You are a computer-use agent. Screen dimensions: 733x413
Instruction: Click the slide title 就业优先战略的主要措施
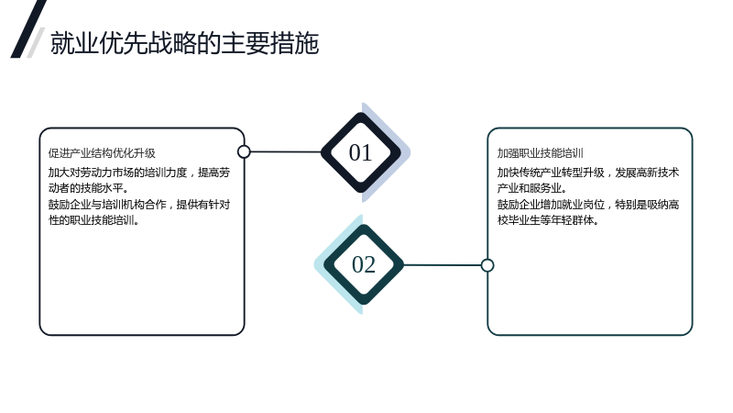[x=185, y=43]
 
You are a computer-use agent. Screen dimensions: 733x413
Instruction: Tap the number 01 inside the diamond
[x=360, y=152]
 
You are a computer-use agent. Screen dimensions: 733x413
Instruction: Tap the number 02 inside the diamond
[x=363, y=264]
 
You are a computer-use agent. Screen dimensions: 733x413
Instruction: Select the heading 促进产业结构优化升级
[x=102, y=153]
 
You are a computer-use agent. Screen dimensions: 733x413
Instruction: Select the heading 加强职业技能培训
[x=540, y=153]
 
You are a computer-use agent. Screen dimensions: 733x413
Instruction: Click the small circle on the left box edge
[x=244, y=151]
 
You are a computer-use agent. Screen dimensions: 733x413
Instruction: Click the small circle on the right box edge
[x=487, y=265]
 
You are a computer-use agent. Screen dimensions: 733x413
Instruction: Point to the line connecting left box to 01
[x=286, y=151]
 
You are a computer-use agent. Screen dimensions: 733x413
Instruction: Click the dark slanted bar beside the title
[x=28, y=29]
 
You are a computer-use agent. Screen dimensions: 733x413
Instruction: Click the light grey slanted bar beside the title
[x=36, y=43]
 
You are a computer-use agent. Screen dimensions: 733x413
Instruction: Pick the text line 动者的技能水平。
[x=88, y=188]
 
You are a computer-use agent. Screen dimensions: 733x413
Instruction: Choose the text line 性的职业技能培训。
[x=94, y=220]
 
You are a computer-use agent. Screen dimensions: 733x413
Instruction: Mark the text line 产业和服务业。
[x=532, y=188]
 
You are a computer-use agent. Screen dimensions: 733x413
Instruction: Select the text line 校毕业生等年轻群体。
[x=548, y=220]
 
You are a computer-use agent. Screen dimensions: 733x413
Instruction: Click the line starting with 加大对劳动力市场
[x=139, y=173]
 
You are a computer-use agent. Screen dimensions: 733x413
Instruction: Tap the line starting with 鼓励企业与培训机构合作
[x=139, y=205]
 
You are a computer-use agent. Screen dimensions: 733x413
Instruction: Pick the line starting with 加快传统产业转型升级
[x=588, y=173]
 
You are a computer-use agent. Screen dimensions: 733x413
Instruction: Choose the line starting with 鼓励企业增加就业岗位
[x=588, y=205]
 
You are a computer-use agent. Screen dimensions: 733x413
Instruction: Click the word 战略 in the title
[x=172, y=43]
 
